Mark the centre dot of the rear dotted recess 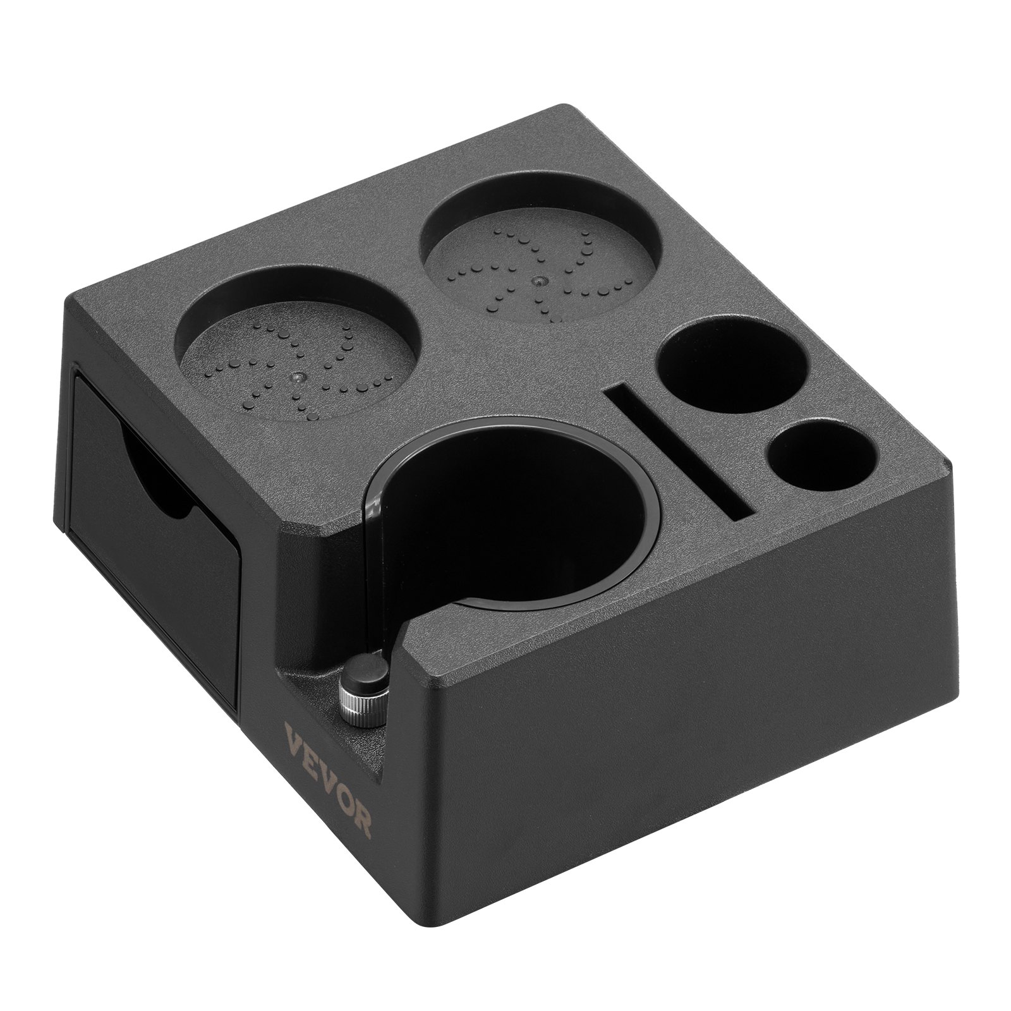539,279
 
